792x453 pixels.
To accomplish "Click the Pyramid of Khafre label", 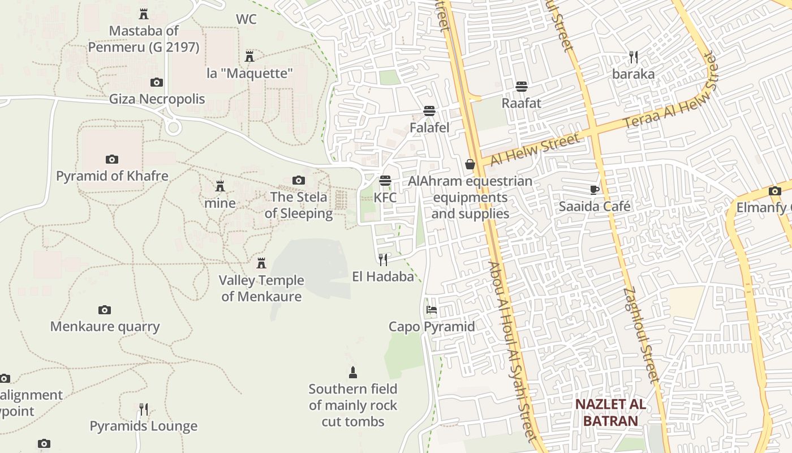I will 112,176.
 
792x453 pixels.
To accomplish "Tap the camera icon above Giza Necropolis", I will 157,83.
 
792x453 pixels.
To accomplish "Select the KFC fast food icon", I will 385,181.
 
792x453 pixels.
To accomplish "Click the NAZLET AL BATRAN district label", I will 610,412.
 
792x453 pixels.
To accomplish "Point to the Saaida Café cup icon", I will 594,190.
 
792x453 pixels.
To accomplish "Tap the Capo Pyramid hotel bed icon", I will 432,310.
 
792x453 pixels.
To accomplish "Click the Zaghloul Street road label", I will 642,334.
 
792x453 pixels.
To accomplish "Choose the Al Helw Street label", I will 535,149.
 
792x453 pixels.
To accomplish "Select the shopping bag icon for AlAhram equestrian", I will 470,164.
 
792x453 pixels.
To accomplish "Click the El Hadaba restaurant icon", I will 384,259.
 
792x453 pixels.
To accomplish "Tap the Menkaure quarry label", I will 105,327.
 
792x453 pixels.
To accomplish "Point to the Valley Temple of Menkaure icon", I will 261,263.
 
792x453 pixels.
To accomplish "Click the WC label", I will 246,19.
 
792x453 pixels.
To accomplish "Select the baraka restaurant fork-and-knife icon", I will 634,57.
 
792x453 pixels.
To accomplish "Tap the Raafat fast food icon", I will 521,87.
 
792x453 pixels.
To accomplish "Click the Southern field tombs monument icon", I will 353,372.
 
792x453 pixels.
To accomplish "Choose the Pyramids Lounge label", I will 144,426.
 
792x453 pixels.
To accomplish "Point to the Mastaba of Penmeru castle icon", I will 144,14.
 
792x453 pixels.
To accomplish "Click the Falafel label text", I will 429,128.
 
